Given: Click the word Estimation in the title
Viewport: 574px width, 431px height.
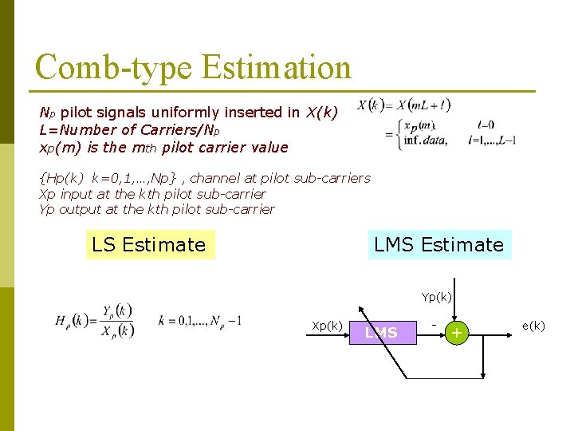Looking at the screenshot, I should point(276,68).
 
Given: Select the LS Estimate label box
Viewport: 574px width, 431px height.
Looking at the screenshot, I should point(149,245).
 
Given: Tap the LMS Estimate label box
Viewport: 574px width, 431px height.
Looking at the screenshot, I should point(439,245).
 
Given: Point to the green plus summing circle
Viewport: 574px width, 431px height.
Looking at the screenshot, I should point(457,333).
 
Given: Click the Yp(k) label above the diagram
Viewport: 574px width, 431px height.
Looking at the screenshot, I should point(436,297).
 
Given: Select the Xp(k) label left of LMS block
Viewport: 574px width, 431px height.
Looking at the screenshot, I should point(327,326).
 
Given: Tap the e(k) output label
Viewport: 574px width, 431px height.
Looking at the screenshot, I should point(533,326).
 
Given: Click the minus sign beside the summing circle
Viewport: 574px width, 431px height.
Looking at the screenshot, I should point(434,324).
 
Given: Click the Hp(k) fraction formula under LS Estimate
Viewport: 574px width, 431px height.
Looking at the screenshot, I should point(94,321).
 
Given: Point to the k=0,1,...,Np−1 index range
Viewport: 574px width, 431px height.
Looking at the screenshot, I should point(199,320).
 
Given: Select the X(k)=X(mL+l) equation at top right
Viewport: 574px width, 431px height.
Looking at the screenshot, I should point(403,105).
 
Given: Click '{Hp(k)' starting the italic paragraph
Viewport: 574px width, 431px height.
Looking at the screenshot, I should point(63,178).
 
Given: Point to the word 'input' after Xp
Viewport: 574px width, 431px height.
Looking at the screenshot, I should point(77,194).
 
